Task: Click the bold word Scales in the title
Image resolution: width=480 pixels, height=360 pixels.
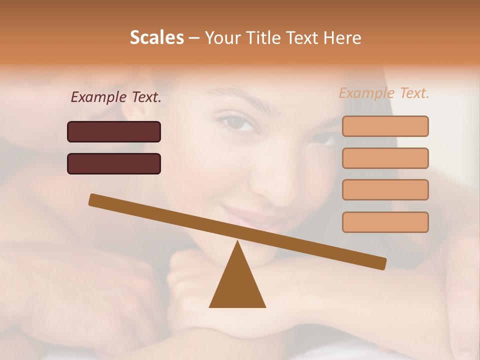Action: [157, 37]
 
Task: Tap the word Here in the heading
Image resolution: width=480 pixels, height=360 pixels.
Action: [341, 37]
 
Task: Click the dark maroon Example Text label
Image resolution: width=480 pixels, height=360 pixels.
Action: [116, 97]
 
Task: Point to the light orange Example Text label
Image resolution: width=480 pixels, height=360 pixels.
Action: [384, 93]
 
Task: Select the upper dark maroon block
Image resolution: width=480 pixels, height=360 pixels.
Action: [114, 131]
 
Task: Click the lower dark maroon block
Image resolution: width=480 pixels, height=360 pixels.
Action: [114, 163]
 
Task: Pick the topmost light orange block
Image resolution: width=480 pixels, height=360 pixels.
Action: [385, 126]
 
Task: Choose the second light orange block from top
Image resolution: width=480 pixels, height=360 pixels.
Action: [385, 158]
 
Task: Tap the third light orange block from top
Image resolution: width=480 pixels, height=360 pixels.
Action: [385, 189]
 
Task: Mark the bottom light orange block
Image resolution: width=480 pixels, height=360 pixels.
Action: [385, 222]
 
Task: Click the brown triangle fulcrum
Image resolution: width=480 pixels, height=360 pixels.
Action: [237, 282]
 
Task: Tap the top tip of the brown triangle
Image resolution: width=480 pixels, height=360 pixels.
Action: [237, 242]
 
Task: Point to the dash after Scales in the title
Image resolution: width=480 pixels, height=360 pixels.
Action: [194, 38]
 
